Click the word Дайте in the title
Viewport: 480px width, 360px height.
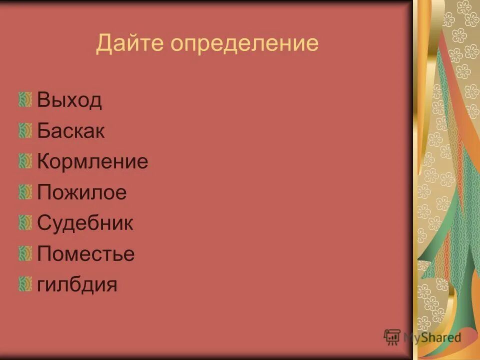[x=130, y=43]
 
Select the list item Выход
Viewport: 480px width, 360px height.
[x=69, y=100]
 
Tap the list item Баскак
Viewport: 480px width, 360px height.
[x=71, y=131]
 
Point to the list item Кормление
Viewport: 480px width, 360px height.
[x=92, y=162]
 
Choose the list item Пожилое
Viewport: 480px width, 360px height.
[x=82, y=192]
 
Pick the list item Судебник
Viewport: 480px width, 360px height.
[x=85, y=223]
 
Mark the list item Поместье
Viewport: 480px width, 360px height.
[x=86, y=254]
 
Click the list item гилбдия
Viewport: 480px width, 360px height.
[x=77, y=284]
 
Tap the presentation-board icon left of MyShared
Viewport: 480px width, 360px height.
[x=392, y=337]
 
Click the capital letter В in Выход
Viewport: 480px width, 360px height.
[x=43, y=100]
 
